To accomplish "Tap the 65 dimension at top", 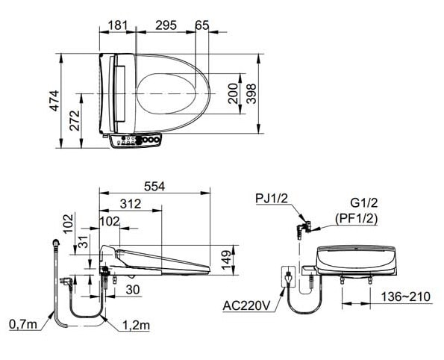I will tap(201, 25).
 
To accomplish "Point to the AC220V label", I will tap(248, 305).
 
